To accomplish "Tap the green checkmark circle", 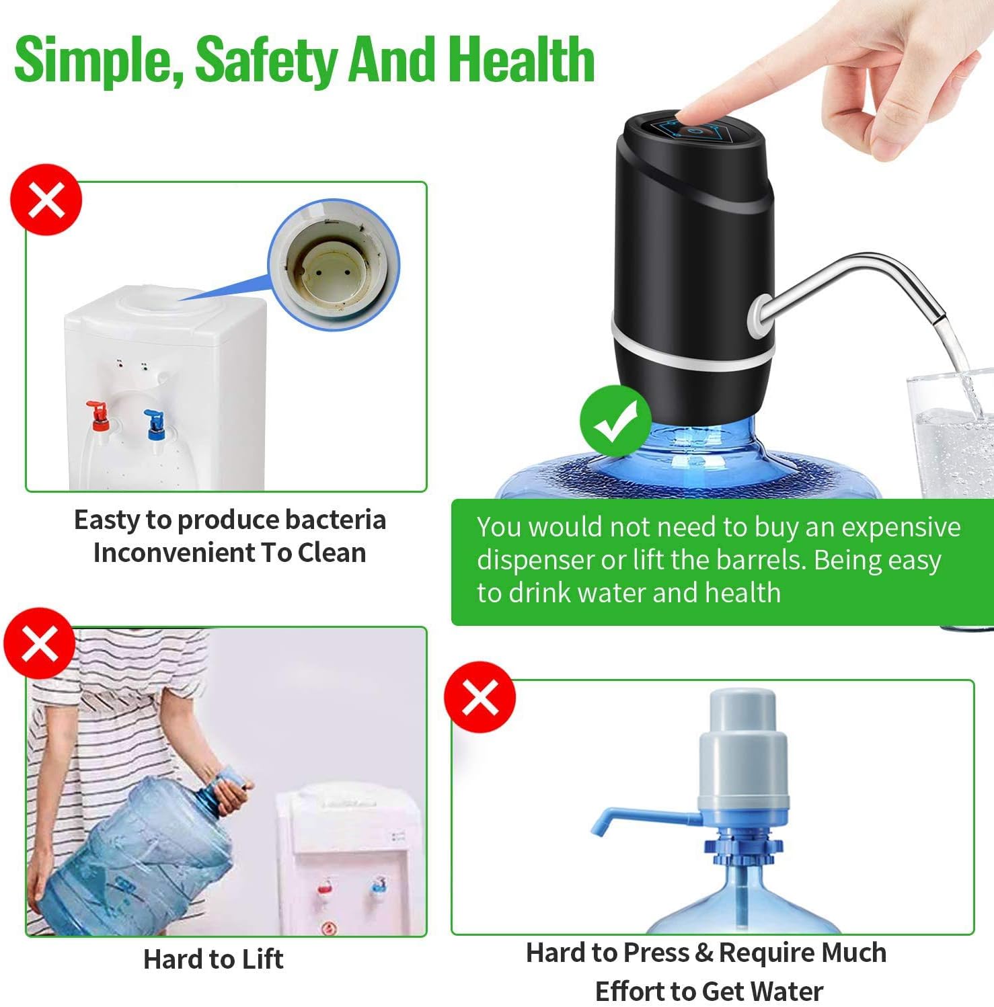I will click(x=615, y=421).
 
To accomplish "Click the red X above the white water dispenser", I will click(x=46, y=200).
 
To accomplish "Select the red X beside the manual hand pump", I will click(x=480, y=696).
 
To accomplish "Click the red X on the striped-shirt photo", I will click(x=39, y=643).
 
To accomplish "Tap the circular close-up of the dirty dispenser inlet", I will click(x=334, y=264).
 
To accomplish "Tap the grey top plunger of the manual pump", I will click(x=742, y=713).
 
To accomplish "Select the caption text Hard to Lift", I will click(x=213, y=959).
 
